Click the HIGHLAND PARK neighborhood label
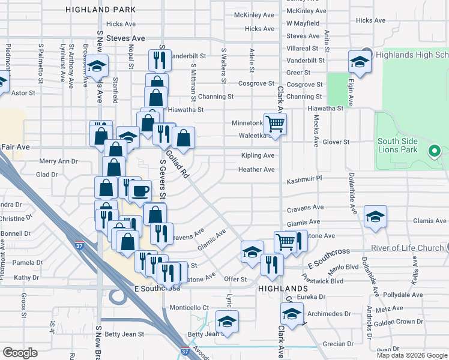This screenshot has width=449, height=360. (x=101, y=10)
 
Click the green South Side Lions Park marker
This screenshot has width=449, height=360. (x=434, y=151)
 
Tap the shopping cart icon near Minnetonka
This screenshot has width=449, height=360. (x=275, y=124)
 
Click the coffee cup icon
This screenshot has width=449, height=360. (x=140, y=191)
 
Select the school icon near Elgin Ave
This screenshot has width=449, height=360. (x=360, y=61)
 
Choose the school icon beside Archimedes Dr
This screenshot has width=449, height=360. (x=292, y=314)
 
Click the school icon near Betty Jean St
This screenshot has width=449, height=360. (x=227, y=322)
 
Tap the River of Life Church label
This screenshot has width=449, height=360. (x=406, y=248)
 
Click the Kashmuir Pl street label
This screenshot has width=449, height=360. (x=304, y=179)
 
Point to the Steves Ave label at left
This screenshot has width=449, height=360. (x=125, y=38)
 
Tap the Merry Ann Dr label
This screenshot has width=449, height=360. (x=58, y=161)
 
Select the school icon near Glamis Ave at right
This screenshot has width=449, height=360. (x=375, y=217)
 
